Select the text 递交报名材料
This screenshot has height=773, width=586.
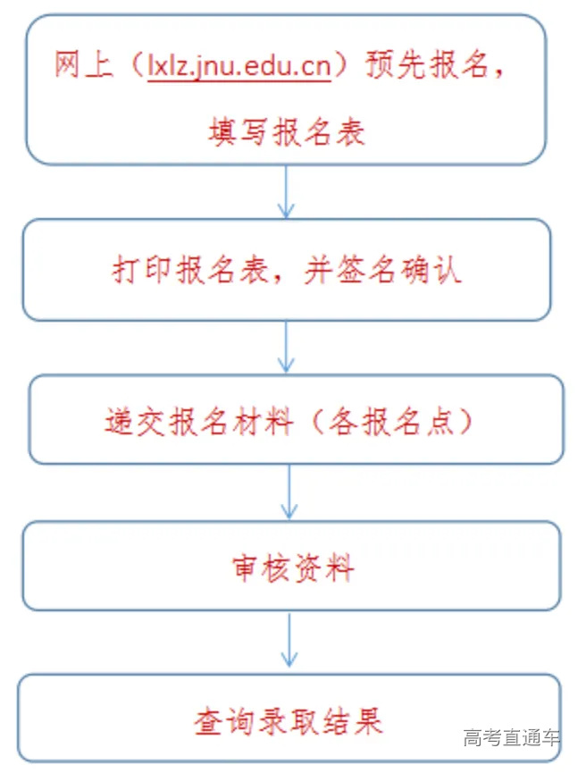(x=198, y=421)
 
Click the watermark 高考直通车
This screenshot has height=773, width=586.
(x=512, y=738)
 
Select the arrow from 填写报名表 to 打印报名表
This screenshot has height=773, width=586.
(x=286, y=191)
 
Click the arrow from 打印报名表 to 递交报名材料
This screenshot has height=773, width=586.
(x=286, y=347)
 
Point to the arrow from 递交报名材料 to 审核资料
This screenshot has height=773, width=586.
(x=288, y=492)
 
